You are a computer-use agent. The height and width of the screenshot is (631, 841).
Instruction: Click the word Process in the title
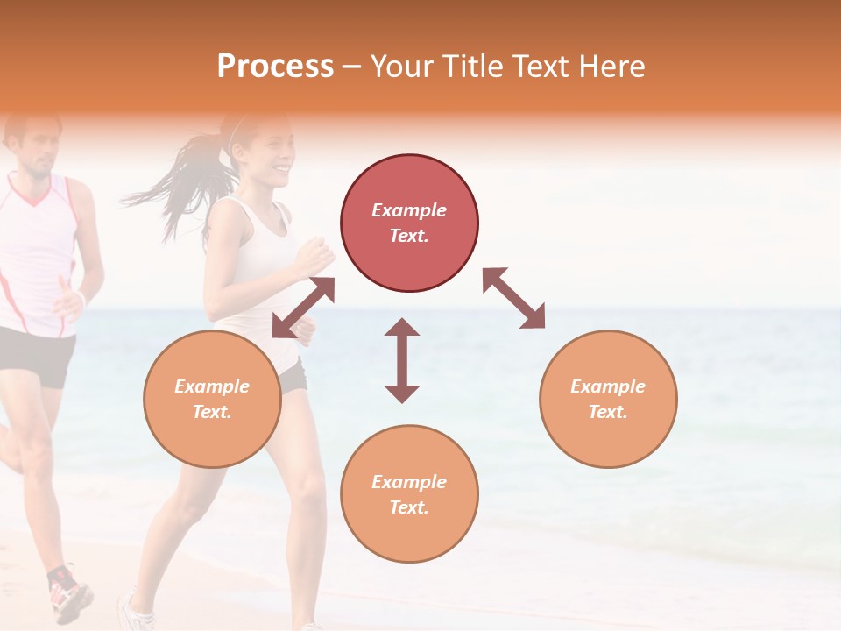(x=275, y=67)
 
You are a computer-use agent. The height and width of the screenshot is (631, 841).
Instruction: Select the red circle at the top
(x=409, y=223)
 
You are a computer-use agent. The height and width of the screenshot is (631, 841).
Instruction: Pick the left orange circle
(x=212, y=399)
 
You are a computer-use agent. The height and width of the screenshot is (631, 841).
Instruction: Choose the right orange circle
(x=608, y=399)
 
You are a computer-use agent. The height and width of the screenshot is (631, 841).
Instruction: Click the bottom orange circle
(x=409, y=494)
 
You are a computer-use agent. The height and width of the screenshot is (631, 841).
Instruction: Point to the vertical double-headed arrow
(x=402, y=360)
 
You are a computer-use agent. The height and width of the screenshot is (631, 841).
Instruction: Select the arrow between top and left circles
(x=304, y=307)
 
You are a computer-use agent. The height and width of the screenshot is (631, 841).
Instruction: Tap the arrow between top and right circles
(x=513, y=298)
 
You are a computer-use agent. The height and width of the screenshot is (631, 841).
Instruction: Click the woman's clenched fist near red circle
(x=315, y=257)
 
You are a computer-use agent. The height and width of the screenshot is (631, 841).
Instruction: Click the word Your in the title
(x=402, y=67)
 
